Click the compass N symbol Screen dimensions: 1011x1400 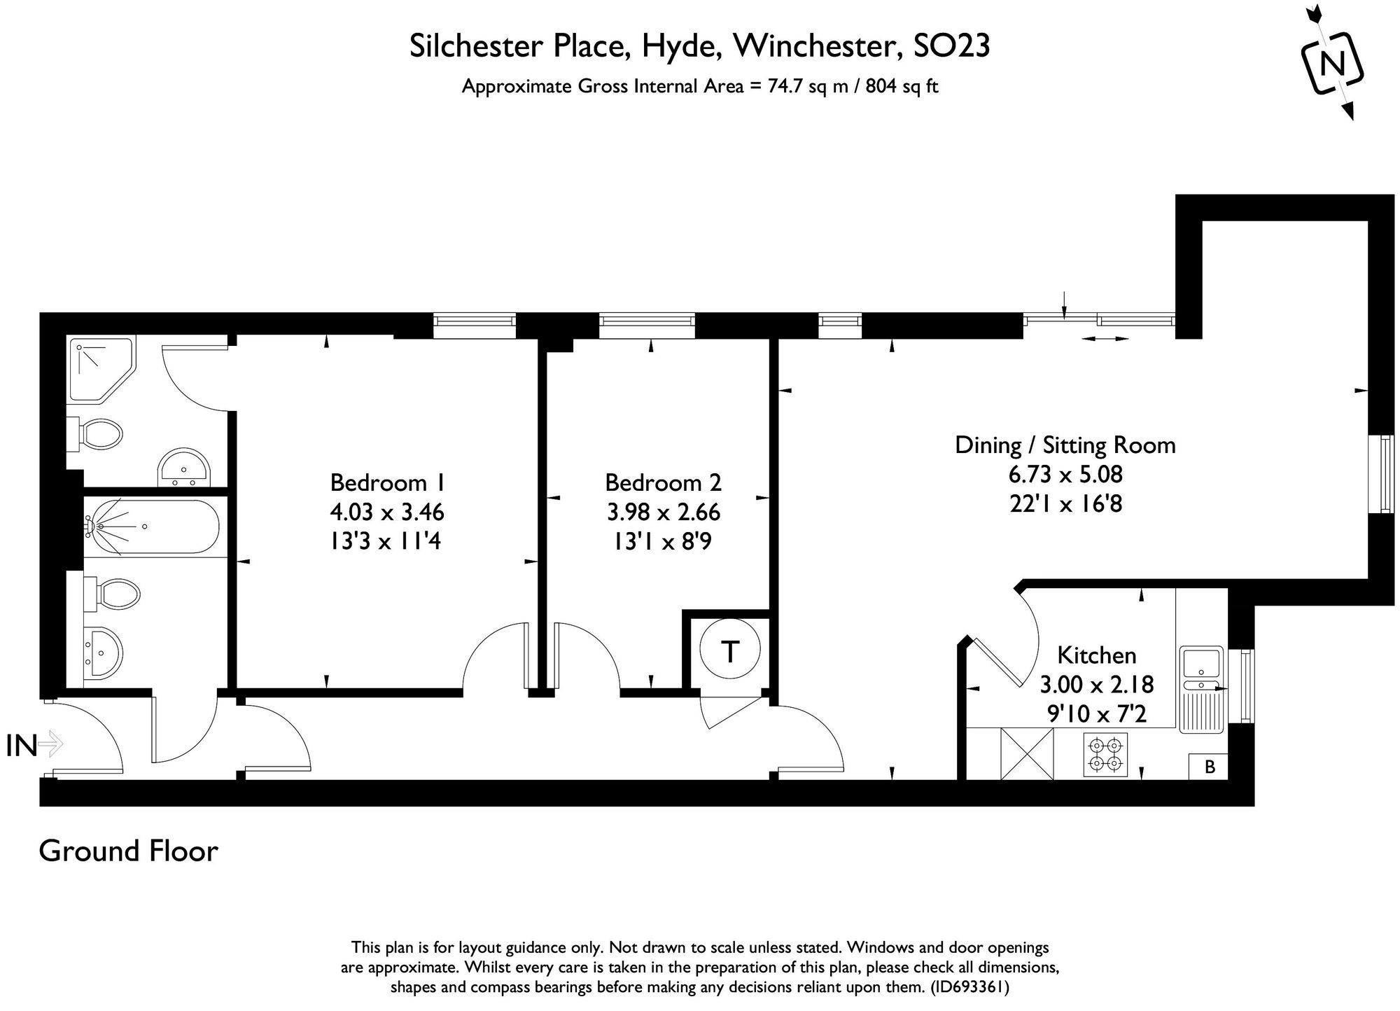coord(1332,64)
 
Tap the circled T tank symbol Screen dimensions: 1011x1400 coord(730,651)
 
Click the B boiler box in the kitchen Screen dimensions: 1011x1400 coord(1209,767)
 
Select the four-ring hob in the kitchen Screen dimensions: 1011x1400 coord(1106,755)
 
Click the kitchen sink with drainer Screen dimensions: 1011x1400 coord(1200,690)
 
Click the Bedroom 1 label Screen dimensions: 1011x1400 coord(387,482)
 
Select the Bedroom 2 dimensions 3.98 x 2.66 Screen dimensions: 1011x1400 coord(663,512)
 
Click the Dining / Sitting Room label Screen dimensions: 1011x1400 coord(1065,445)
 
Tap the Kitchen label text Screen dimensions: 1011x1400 coord(1096,655)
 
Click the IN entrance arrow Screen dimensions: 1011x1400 coord(50,744)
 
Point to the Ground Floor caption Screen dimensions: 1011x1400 coord(129,851)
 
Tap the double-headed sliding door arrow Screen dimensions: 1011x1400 coord(1105,339)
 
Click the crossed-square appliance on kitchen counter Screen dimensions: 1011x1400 coord(1027,754)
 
